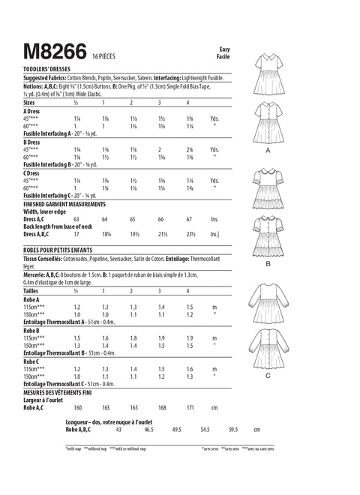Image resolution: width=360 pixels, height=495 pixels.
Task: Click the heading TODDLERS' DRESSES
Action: [52, 67]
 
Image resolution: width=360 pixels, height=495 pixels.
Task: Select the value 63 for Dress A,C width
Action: [76, 219]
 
